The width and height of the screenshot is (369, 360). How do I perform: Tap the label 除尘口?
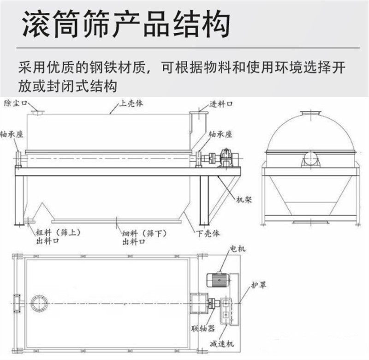coord(14,102)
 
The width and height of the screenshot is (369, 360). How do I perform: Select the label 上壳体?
coord(131,103)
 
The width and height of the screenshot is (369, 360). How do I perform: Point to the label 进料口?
coord(220,104)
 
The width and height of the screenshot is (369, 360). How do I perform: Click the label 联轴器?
coord(202,329)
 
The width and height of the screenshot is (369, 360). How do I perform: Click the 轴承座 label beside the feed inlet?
coord(220,134)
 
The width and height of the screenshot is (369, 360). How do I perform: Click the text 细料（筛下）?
coord(141,233)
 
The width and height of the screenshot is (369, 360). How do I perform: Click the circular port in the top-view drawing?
coord(39,303)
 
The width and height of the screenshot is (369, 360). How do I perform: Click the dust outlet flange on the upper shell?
coord(37,111)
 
